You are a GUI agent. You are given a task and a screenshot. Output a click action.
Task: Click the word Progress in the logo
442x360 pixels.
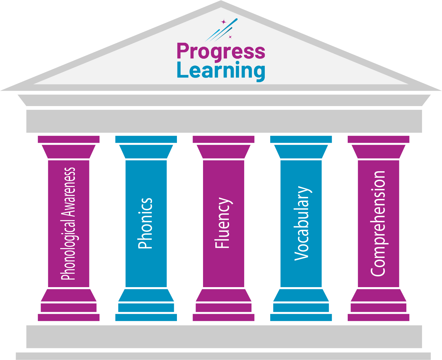pos(221,52)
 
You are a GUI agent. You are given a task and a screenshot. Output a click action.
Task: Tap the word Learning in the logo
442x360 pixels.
pos(221,71)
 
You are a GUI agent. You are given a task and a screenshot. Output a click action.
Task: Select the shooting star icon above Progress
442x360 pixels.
pos(222,30)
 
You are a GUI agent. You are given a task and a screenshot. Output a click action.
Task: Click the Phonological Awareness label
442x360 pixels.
pos(68,224)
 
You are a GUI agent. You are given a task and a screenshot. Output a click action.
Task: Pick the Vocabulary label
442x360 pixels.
pos(301,224)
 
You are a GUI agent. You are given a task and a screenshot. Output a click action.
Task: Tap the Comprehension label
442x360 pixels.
pos(378,224)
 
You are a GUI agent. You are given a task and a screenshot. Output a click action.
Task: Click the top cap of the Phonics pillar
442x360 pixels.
pos(146,139)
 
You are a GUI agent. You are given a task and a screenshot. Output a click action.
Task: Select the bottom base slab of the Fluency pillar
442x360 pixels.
pos(223,318)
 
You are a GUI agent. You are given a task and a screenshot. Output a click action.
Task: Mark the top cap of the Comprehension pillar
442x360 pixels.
pos(378,139)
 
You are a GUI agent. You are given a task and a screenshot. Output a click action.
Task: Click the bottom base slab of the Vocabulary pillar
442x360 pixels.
pos(301,318)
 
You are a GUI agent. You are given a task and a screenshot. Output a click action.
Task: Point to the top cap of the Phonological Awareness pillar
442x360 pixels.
pos(68,139)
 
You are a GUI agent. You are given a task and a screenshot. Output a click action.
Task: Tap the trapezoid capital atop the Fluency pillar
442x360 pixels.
pos(223,152)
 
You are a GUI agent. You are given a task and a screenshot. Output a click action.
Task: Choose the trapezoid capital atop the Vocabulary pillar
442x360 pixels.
pos(301,152)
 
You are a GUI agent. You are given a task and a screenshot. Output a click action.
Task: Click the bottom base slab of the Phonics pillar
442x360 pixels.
pos(146,318)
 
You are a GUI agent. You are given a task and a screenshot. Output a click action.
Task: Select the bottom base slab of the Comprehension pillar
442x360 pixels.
pos(378,318)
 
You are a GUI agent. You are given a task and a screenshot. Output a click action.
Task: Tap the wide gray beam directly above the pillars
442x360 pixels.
pos(224,121)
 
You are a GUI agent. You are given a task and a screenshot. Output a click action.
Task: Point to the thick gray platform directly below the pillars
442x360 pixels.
pos(224,337)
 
